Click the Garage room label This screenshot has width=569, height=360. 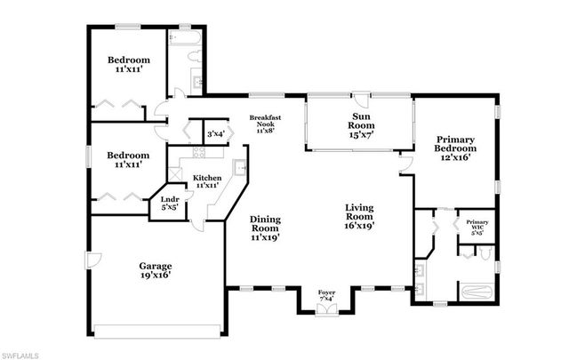pyautogui.click(x=154, y=269)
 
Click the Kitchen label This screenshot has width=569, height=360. pyautogui.click(x=206, y=180)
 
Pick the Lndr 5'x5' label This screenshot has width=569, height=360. pyautogui.click(x=169, y=204)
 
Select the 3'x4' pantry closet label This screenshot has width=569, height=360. pyautogui.click(x=216, y=133)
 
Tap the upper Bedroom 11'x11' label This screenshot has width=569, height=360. pyautogui.click(x=129, y=66)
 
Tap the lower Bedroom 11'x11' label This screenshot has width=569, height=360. pyautogui.click(x=129, y=160)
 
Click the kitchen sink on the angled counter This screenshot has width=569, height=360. pyautogui.click(x=239, y=167)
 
